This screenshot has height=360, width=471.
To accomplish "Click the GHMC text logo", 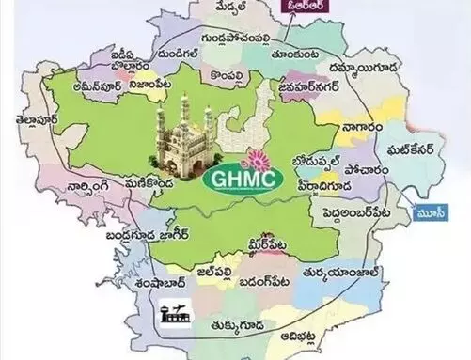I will point(235,177).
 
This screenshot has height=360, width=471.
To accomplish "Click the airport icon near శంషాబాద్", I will point(173,310).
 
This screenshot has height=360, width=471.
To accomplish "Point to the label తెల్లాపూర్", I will point(31,122).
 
